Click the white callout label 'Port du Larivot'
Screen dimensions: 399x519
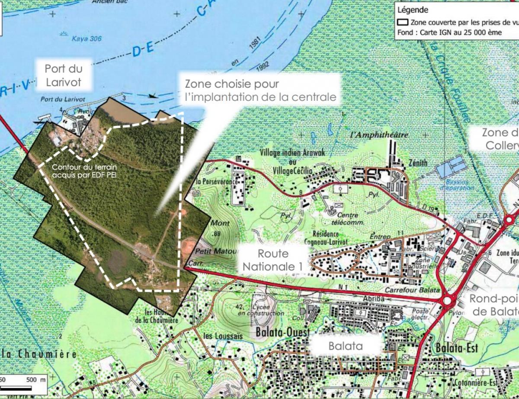pyautogui.click(x=64, y=74)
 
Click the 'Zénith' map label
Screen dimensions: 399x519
pyautogui.click(x=418, y=163)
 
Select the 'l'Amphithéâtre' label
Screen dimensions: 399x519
pyautogui.click(x=379, y=135)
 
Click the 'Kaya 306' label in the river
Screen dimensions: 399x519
pyautogui.click(x=87, y=39)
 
